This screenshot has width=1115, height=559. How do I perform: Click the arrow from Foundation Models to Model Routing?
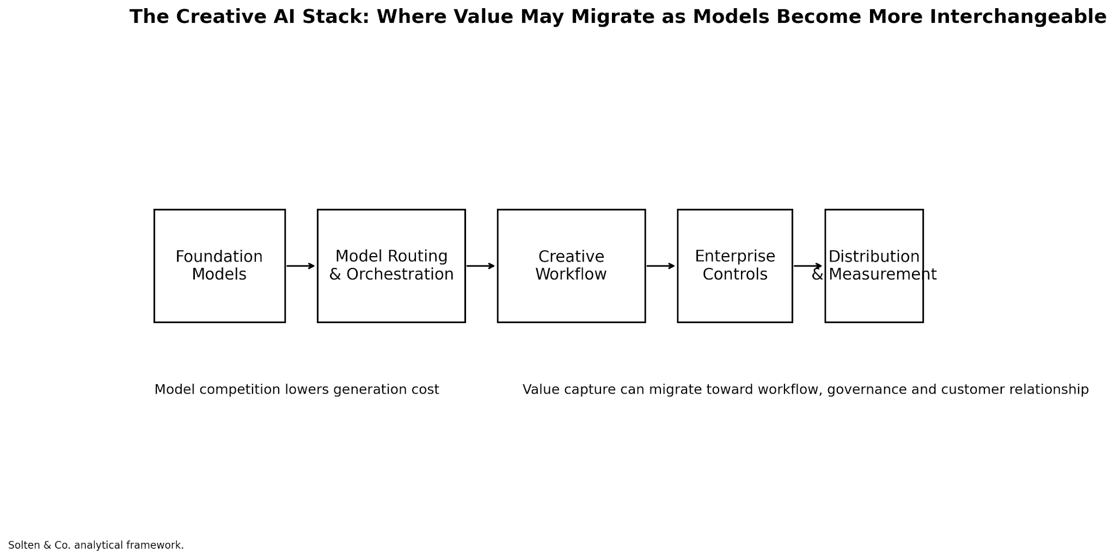(x=301, y=266)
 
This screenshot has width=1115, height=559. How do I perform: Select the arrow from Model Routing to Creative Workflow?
(x=481, y=266)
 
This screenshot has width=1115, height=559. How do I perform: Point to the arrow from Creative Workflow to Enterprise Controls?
(x=661, y=266)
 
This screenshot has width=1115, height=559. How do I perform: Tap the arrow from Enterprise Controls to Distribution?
(x=808, y=266)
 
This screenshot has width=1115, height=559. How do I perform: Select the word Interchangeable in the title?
(x=1018, y=17)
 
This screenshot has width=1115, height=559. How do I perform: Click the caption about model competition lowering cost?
(x=297, y=389)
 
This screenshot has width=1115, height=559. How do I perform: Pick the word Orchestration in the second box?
(x=400, y=274)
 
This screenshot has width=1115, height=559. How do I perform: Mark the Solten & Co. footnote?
(x=96, y=545)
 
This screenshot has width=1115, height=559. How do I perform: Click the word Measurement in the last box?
(x=883, y=274)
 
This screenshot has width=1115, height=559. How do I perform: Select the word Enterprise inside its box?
(x=735, y=257)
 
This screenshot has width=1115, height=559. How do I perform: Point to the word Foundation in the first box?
(x=219, y=257)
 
